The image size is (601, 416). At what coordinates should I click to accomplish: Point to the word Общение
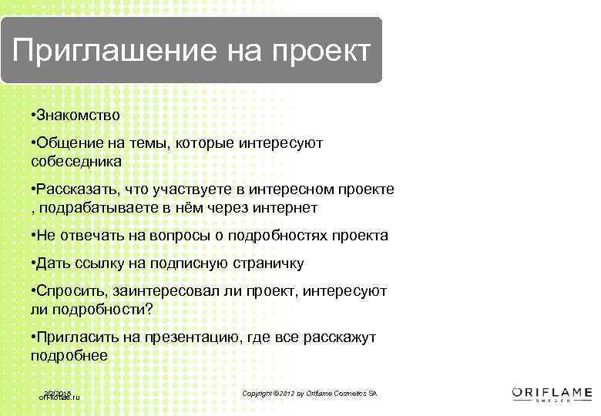65,143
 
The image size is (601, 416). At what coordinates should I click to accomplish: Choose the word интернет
284,208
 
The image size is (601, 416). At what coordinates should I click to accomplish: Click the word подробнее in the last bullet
69,356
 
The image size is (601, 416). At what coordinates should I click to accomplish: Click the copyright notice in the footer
310,394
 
